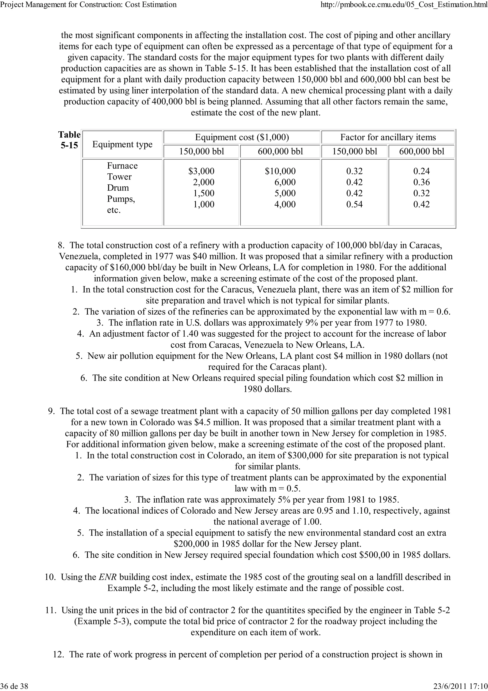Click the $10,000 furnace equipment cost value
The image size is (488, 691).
[x=280, y=171]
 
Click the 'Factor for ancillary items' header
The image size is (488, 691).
[x=388, y=137]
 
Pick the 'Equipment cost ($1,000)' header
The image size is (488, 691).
[x=242, y=137]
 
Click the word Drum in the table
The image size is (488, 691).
[x=118, y=188]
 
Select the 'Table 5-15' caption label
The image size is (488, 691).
[x=69, y=140]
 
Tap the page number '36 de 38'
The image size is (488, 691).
[x=15, y=686]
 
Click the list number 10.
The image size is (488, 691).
[x=50, y=577]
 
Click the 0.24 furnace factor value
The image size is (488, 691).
[x=421, y=171]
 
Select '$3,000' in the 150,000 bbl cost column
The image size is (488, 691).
[x=201, y=171]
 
